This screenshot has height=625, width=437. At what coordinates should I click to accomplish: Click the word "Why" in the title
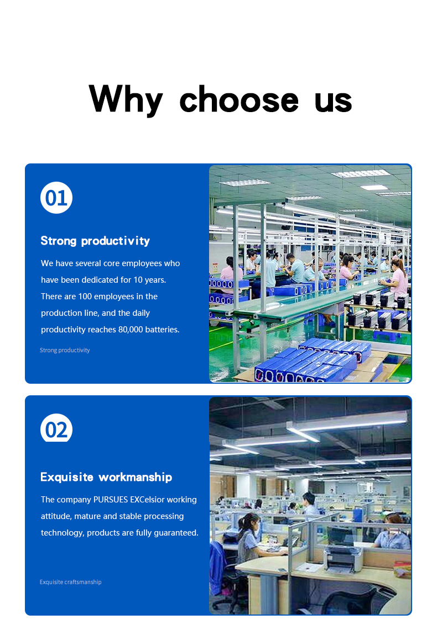click(x=126, y=99)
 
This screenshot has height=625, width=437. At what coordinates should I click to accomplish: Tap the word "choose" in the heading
click(x=239, y=99)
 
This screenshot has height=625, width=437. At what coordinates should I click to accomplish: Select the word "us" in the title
click(x=333, y=102)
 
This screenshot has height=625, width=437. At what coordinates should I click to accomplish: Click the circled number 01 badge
click(x=56, y=198)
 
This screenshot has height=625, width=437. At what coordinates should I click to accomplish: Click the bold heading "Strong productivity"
click(x=95, y=241)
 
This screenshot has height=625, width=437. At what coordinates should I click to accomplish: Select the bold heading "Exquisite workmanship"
click(x=106, y=477)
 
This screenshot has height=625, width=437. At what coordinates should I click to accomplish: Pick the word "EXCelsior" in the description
click(x=147, y=500)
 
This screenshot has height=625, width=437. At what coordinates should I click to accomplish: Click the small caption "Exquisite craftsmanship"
click(x=71, y=582)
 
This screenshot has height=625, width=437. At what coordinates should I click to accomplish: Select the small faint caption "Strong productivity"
click(x=65, y=350)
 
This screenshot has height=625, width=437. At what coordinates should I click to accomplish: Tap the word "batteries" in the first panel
click(x=162, y=330)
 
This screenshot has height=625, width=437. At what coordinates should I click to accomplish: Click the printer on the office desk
click(x=343, y=558)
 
